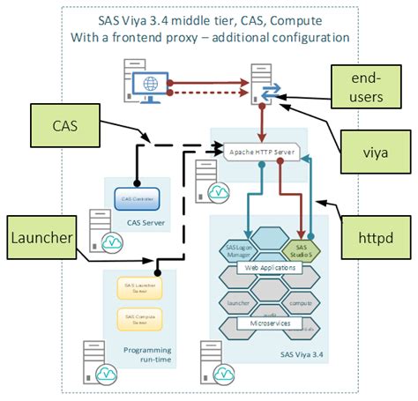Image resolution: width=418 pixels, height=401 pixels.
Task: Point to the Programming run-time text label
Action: (x=147, y=355)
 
